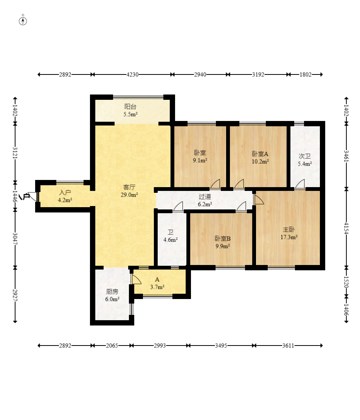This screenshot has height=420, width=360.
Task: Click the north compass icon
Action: pyautogui.click(x=23, y=21)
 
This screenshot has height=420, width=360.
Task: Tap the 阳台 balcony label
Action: pyautogui.click(x=130, y=107)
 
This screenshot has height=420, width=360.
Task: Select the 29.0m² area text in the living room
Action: pyautogui.click(x=129, y=195)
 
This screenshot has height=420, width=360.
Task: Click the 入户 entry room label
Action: pyautogui.click(x=65, y=192)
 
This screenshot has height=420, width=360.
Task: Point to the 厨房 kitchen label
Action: pyautogui.click(x=112, y=291)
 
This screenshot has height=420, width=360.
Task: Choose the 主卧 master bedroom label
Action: pyautogui.click(x=289, y=229)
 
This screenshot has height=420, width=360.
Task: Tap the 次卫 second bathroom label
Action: pyautogui.click(x=305, y=156)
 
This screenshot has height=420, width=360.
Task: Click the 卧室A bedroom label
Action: pyautogui.click(x=260, y=154)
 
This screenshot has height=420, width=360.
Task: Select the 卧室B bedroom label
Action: pyautogui.click(x=223, y=239)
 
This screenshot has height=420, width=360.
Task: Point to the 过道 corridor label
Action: pyautogui.click(x=205, y=197)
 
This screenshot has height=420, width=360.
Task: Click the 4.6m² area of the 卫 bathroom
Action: pyautogui.click(x=171, y=240)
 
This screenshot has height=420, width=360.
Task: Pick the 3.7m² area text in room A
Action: pyautogui.click(x=157, y=287)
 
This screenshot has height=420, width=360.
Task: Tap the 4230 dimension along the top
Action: pyautogui.click(x=133, y=74)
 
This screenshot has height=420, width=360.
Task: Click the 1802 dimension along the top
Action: pyautogui.click(x=306, y=74)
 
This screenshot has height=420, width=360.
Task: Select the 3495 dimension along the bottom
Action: pyautogui.click(x=221, y=346)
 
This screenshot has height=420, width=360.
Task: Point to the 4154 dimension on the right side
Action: pyautogui.click(x=346, y=228)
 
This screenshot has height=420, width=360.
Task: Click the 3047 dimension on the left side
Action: pyautogui.click(x=15, y=239)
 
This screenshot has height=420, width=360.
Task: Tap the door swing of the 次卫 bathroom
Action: pyautogui.click(x=300, y=183)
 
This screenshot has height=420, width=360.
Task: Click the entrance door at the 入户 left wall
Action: pyautogui.click(x=33, y=196)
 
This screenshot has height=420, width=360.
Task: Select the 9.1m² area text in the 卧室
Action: pyautogui.click(x=200, y=160)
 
